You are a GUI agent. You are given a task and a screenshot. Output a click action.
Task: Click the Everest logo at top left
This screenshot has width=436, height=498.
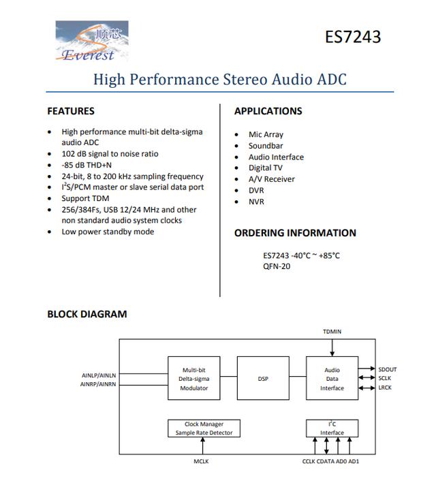[x=91, y=42]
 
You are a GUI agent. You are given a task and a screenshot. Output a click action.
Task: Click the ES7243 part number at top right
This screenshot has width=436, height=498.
[x=352, y=36]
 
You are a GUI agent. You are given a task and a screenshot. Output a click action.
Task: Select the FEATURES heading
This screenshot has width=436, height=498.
[x=71, y=111]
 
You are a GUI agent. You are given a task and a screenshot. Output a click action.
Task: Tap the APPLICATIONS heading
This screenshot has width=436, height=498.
[x=268, y=111]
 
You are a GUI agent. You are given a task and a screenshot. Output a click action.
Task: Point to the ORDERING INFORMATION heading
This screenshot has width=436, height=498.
[x=295, y=233]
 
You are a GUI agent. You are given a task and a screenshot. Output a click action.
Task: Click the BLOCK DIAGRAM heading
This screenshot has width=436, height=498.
[x=87, y=314]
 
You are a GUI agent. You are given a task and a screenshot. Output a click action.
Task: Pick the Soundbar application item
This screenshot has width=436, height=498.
[x=266, y=146]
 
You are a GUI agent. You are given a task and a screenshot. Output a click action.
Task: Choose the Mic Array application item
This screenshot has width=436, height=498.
[x=266, y=135]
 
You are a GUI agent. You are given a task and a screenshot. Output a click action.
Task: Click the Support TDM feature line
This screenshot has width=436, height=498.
[x=85, y=198]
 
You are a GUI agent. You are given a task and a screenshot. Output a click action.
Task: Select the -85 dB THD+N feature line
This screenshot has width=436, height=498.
[x=87, y=165]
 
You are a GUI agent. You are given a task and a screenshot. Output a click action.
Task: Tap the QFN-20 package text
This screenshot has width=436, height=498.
[x=277, y=266]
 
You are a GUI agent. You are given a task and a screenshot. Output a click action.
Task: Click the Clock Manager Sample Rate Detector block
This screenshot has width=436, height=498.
[x=204, y=429]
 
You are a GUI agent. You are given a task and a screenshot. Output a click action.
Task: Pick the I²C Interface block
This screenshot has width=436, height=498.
[x=332, y=429]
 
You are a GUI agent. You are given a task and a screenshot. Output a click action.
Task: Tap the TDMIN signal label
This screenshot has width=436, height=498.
[x=332, y=332]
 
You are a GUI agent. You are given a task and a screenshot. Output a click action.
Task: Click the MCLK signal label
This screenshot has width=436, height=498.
[x=202, y=461]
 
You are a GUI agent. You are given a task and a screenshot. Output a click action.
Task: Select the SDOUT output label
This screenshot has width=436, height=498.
[x=387, y=370]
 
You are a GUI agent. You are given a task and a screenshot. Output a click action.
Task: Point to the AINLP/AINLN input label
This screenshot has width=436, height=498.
[x=99, y=375]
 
